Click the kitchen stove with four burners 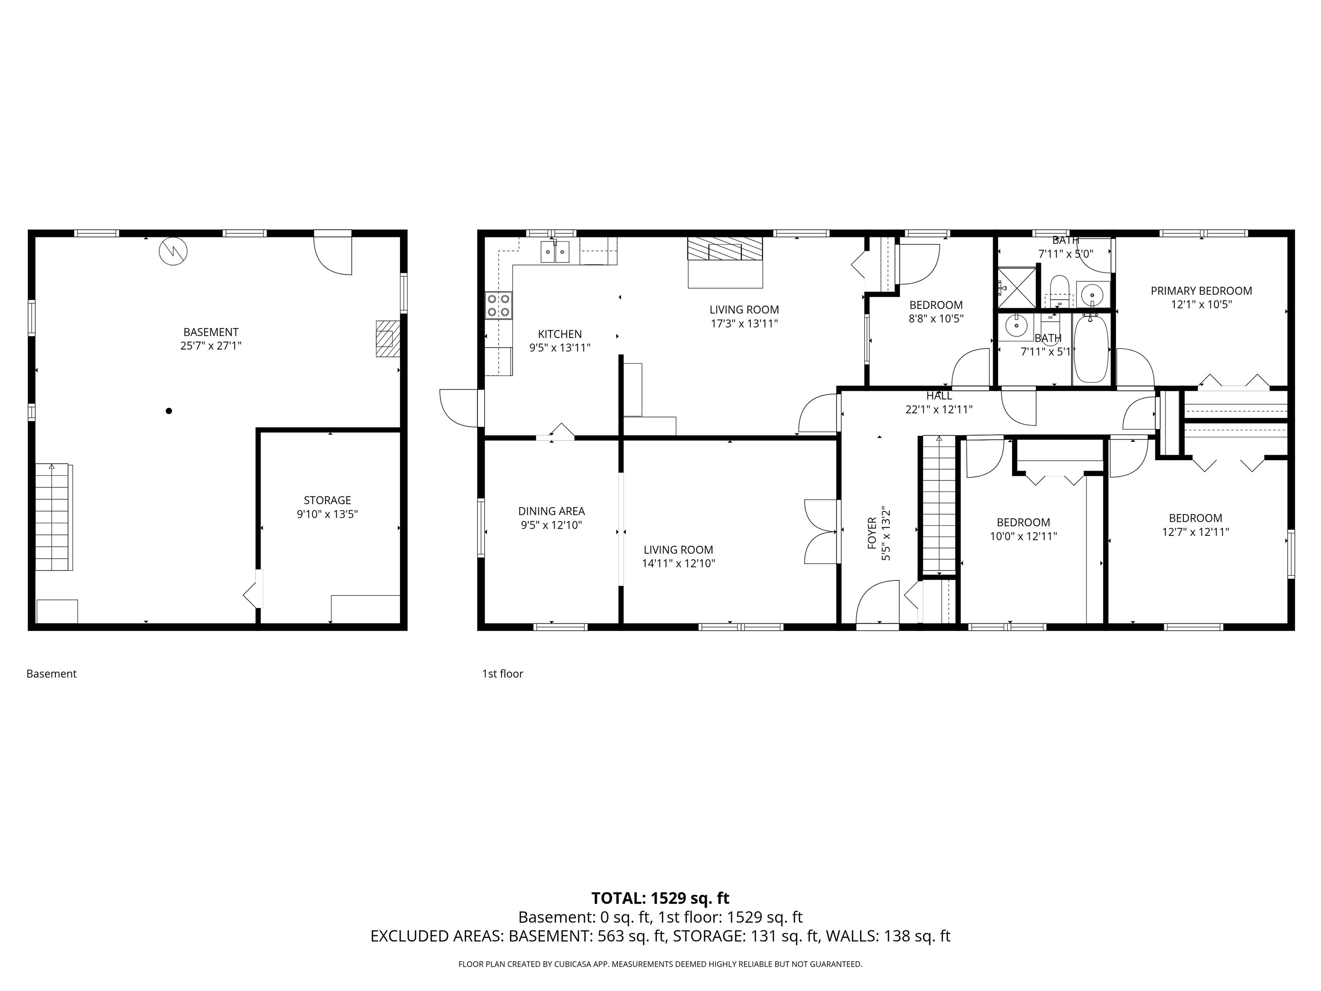coord(499,305)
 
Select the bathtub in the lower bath coord(1091,349)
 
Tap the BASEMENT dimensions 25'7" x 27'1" coord(211,346)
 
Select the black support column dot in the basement coord(169,411)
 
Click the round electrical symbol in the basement coord(173,252)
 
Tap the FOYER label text coord(872,533)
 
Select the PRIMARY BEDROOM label coord(1201,291)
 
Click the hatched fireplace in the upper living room coord(725,249)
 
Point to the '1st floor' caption coord(502,674)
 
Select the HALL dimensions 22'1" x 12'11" coord(938,410)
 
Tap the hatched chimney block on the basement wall coord(387,339)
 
